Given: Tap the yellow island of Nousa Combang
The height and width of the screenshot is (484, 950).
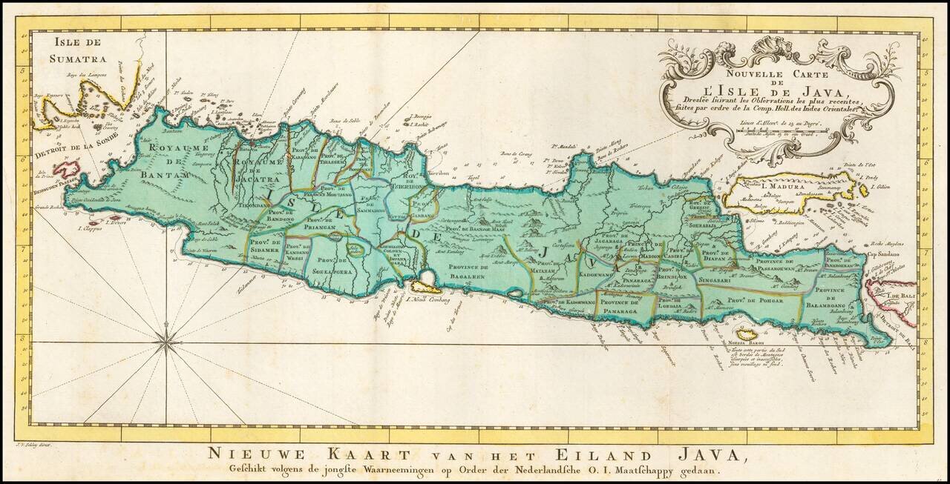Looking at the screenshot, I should click(426, 285).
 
